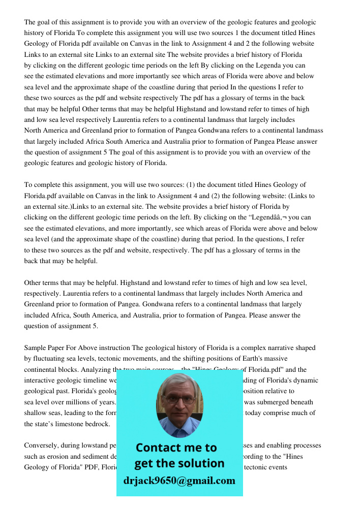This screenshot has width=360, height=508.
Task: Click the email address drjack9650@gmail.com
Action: point(179,481)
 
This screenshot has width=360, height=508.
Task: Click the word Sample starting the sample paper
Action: point(35,348)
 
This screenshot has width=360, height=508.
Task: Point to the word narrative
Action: point(272,348)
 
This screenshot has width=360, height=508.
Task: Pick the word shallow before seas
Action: point(36,413)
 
